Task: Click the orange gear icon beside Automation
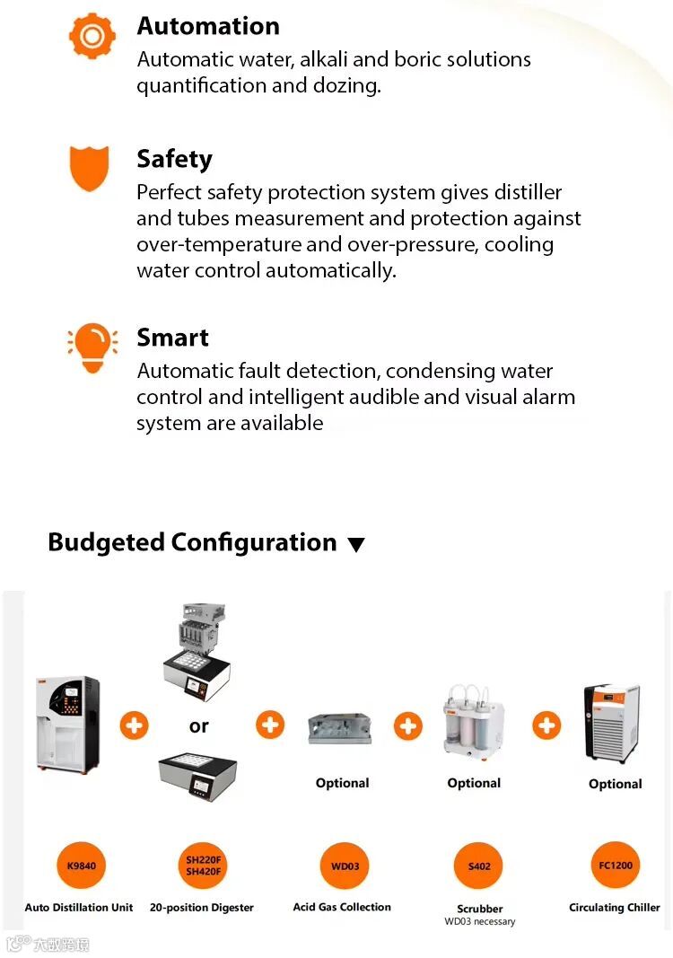[x=92, y=37]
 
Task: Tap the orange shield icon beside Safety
[x=89, y=169]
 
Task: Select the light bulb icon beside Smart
[x=92, y=347]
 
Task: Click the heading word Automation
[x=208, y=26]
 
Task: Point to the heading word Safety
[x=175, y=160]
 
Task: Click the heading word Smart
[x=173, y=338]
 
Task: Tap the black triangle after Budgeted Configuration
[x=356, y=544]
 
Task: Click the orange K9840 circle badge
[x=82, y=866]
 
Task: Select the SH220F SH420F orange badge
[x=204, y=866]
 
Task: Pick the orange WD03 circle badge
[x=345, y=866]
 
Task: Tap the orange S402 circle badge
[x=479, y=866]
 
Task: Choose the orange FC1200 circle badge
[x=616, y=866]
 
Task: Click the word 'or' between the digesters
[x=199, y=726]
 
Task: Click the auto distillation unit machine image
[x=67, y=725]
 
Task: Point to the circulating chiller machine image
[x=612, y=724]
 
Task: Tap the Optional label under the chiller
[x=615, y=784]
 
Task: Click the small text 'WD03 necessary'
[x=480, y=921]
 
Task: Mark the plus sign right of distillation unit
[x=135, y=725]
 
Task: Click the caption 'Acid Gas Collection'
[x=342, y=908]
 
